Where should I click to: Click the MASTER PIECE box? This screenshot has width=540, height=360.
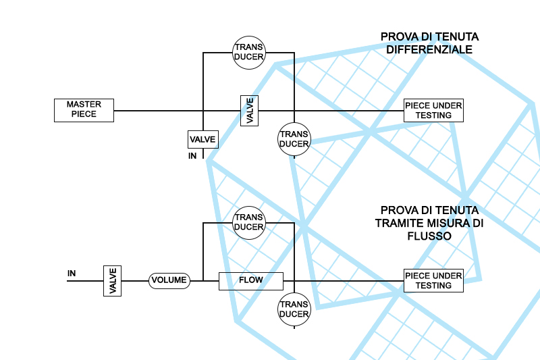(x=84, y=110)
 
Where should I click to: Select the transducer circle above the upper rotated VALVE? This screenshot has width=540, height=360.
(x=249, y=53)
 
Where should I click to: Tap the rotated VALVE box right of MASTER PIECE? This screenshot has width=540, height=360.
(x=249, y=111)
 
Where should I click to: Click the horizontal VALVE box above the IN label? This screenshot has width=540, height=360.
(x=203, y=140)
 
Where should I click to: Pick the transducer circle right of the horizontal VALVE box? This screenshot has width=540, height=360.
(x=294, y=139)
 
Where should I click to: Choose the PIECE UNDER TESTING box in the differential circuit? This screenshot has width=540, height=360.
(x=433, y=110)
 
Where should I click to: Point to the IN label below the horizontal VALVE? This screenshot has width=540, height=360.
(x=192, y=156)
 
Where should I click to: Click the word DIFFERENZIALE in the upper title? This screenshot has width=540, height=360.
(x=429, y=49)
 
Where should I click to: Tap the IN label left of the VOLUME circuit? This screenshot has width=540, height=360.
(x=72, y=274)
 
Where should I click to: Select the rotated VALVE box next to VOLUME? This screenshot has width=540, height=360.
(x=112, y=281)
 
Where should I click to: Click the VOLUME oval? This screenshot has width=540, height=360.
(x=169, y=280)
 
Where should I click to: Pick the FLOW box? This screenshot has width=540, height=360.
(x=251, y=281)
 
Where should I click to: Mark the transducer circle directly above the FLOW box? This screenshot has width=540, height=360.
(x=249, y=223)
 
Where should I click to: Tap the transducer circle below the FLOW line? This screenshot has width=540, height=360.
(x=294, y=309)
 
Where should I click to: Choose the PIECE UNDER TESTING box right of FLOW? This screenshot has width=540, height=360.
(x=433, y=280)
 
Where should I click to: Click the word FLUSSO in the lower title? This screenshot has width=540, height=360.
(x=429, y=236)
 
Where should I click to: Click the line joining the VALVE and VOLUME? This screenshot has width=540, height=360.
(x=135, y=281)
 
